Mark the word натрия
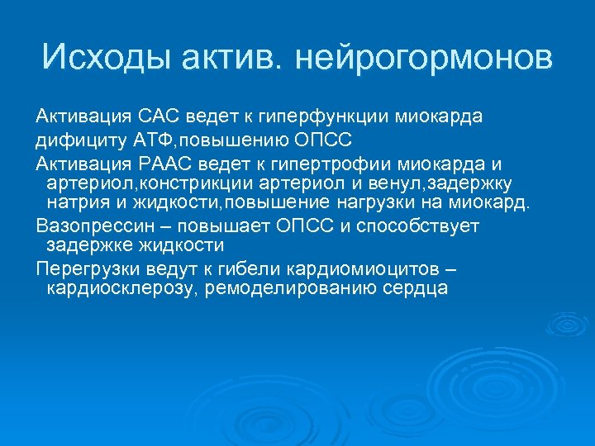click(x=74, y=202)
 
